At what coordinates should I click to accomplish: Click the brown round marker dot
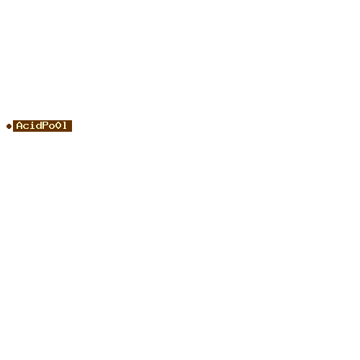point(9,126)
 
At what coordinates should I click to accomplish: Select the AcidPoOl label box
point(42,126)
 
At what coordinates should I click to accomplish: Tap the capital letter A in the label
point(19,125)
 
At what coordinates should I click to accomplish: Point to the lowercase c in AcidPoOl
point(26,127)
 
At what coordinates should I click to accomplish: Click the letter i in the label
point(32,125)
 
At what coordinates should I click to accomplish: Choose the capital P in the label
point(45,125)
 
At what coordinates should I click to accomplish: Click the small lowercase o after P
point(52,127)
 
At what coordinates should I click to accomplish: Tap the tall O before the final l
point(58,125)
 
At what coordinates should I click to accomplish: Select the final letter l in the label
point(64,125)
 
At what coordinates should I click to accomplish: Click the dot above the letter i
point(32,122)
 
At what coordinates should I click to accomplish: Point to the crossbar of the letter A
point(19,127)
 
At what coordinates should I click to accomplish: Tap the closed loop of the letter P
point(46,124)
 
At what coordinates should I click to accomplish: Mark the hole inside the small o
point(52,127)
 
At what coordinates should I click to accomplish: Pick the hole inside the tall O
point(58,125)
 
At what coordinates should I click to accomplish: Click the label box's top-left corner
point(13,120)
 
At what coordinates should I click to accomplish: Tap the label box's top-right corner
point(72,120)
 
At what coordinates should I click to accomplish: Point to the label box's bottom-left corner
point(13,132)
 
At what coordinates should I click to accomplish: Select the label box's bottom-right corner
point(72,132)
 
